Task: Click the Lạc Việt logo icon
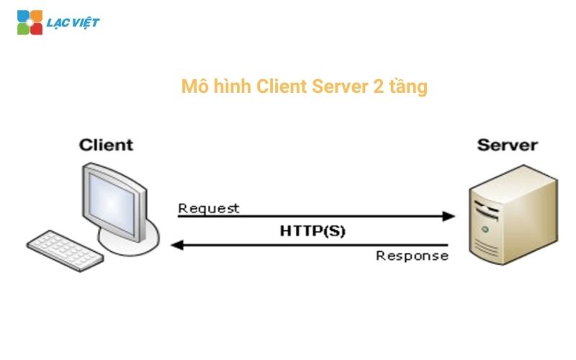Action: pos(30,22)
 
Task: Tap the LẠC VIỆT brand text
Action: pos(73,23)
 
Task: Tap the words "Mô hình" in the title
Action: pos(213,88)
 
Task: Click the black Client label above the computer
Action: pos(107,145)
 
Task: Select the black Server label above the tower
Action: pos(507,145)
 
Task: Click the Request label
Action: pos(209,209)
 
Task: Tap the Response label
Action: pos(412,256)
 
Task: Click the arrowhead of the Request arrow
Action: pos(450,216)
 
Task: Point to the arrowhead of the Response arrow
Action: pos(176,245)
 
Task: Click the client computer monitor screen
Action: pos(118,197)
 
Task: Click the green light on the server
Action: pos(485,230)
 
